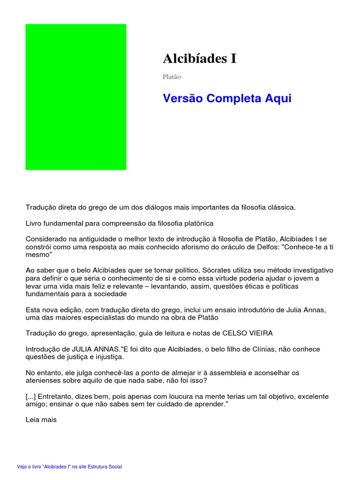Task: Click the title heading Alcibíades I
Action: point(200,59)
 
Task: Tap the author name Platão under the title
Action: point(172,76)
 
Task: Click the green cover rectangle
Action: point(75,97)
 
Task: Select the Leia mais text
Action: point(41,420)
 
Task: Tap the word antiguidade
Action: point(90,239)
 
